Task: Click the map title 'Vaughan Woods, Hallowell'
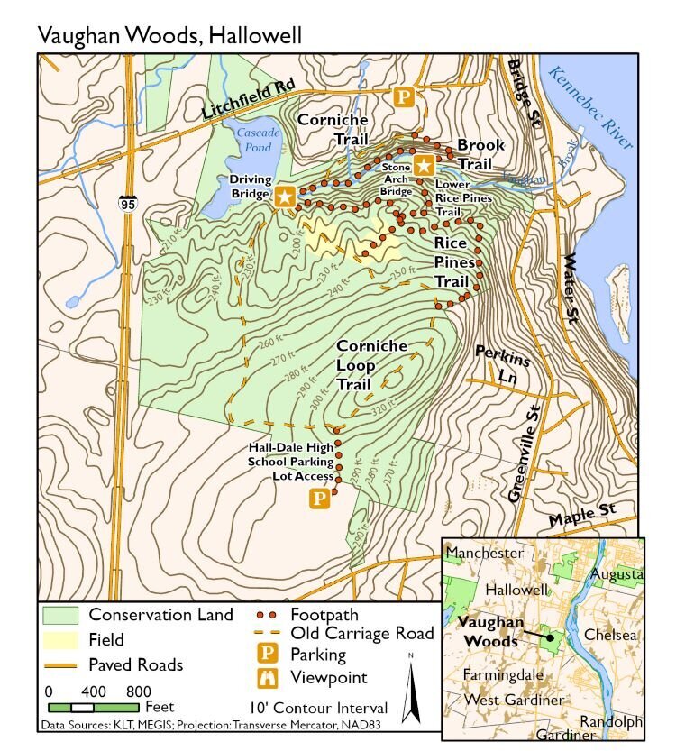[169, 35]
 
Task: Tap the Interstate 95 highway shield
[127, 204]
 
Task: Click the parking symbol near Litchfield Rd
[407, 96]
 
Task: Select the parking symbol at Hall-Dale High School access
[319, 498]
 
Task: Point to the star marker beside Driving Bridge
[286, 196]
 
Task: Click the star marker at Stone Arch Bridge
[425, 166]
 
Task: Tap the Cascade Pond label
[258, 139]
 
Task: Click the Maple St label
[581, 516]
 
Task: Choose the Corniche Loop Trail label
[371, 364]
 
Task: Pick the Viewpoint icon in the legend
[268, 677]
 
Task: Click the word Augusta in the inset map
[617, 573]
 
